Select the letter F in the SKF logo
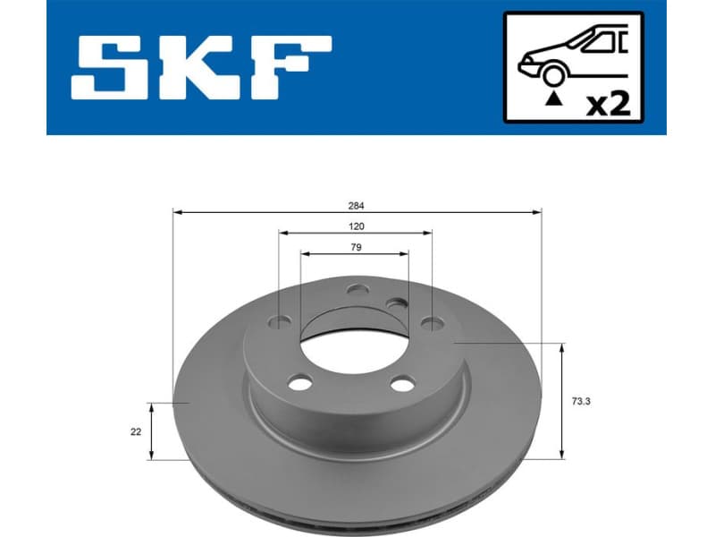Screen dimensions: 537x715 pos(290,68)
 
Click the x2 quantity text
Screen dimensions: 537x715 pos(608,103)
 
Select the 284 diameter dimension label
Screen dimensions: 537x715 pos(357,205)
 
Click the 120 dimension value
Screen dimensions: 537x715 pos(357,226)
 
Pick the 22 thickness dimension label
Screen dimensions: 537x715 pos(135,431)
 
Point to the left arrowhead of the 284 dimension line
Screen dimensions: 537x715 pos(176,212)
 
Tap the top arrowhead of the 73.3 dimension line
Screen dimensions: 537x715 pos(561,347)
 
